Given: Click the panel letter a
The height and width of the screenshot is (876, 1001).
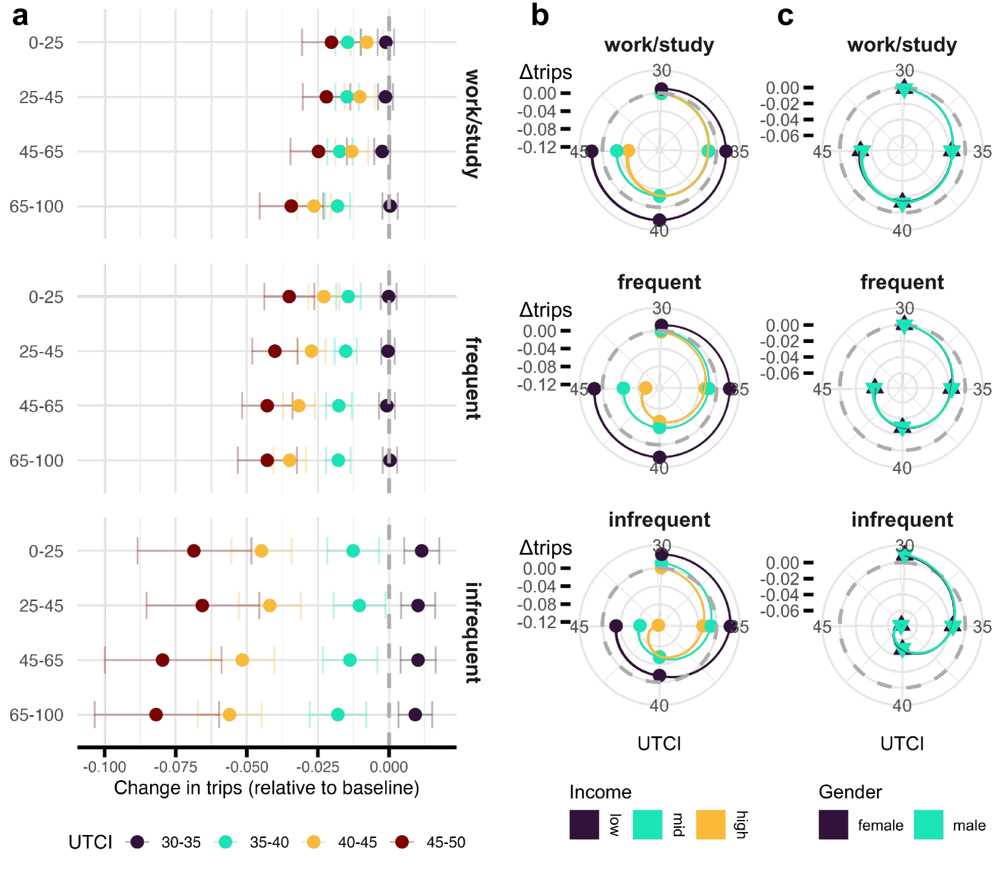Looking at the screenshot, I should [x=20, y=16].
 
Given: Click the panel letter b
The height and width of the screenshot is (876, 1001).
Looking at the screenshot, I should [x=539, y=16].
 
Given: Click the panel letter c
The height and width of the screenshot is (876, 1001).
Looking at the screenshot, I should [x=785, y=16].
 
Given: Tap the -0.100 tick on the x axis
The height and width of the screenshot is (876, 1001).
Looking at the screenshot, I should [x=105, y=767].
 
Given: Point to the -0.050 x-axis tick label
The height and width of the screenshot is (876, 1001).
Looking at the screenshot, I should [x=246, y=767].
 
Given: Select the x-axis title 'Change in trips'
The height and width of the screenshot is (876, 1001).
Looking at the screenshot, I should [x=266, y=788].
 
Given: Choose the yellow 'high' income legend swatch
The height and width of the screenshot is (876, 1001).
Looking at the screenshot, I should [x=711, y=824].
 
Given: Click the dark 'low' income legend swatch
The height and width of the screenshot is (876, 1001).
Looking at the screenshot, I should [x=584, y=824].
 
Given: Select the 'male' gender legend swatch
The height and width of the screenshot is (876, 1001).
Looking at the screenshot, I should [x=928, y=824].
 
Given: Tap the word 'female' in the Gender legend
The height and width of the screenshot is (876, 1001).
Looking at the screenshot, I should [x=880, y=825].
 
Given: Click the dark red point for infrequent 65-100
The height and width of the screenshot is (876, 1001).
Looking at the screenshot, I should [x=156, y=715].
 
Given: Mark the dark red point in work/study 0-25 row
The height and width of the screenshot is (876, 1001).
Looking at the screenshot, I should [x=331, y=42].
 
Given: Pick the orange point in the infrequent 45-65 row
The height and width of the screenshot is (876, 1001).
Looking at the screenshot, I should [x=242, y=660].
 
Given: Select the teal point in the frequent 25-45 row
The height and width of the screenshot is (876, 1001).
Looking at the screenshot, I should [x=345, y=351].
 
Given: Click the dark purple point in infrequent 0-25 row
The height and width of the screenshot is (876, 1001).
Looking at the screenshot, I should [x=422, y=551].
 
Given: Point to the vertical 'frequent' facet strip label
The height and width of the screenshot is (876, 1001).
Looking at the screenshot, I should [x=473, y=378].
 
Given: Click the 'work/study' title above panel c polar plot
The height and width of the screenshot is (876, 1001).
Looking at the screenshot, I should [x=902, y=45].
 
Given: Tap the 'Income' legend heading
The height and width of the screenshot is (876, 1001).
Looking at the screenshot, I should [x=600, y=792].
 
